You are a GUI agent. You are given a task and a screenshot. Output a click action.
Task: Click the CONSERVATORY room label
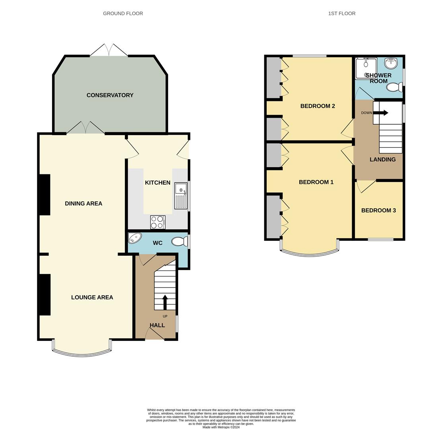point(110,95)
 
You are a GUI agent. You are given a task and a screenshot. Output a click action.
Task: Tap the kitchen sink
point(181,196)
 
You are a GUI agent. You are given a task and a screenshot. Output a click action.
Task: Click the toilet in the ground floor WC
point(180,242)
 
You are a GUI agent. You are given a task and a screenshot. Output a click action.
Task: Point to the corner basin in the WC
point(135,238)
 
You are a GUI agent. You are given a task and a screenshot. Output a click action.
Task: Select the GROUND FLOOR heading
point(123,13)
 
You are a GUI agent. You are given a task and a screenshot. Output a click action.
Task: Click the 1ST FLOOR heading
point(342,13)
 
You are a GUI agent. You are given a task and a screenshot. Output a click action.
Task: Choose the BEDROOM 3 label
point(378,211)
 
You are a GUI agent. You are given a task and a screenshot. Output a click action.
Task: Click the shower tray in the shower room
point(366,68)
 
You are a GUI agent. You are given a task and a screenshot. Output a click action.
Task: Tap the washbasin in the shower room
point(392,64)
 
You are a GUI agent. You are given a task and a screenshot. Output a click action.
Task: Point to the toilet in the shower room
point(395,87)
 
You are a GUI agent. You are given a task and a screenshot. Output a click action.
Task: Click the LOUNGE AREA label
point(92,298)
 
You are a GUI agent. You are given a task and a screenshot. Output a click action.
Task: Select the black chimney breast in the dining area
point(45,195)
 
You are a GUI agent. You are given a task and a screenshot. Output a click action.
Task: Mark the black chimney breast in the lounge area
point(45,295)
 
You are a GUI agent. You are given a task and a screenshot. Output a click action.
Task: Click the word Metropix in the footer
point(224,427)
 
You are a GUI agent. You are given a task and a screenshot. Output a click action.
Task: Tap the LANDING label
point(382,159)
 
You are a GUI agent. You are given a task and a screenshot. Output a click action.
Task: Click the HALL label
point(157,325)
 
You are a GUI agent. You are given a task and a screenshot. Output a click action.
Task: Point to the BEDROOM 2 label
point(318,106)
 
